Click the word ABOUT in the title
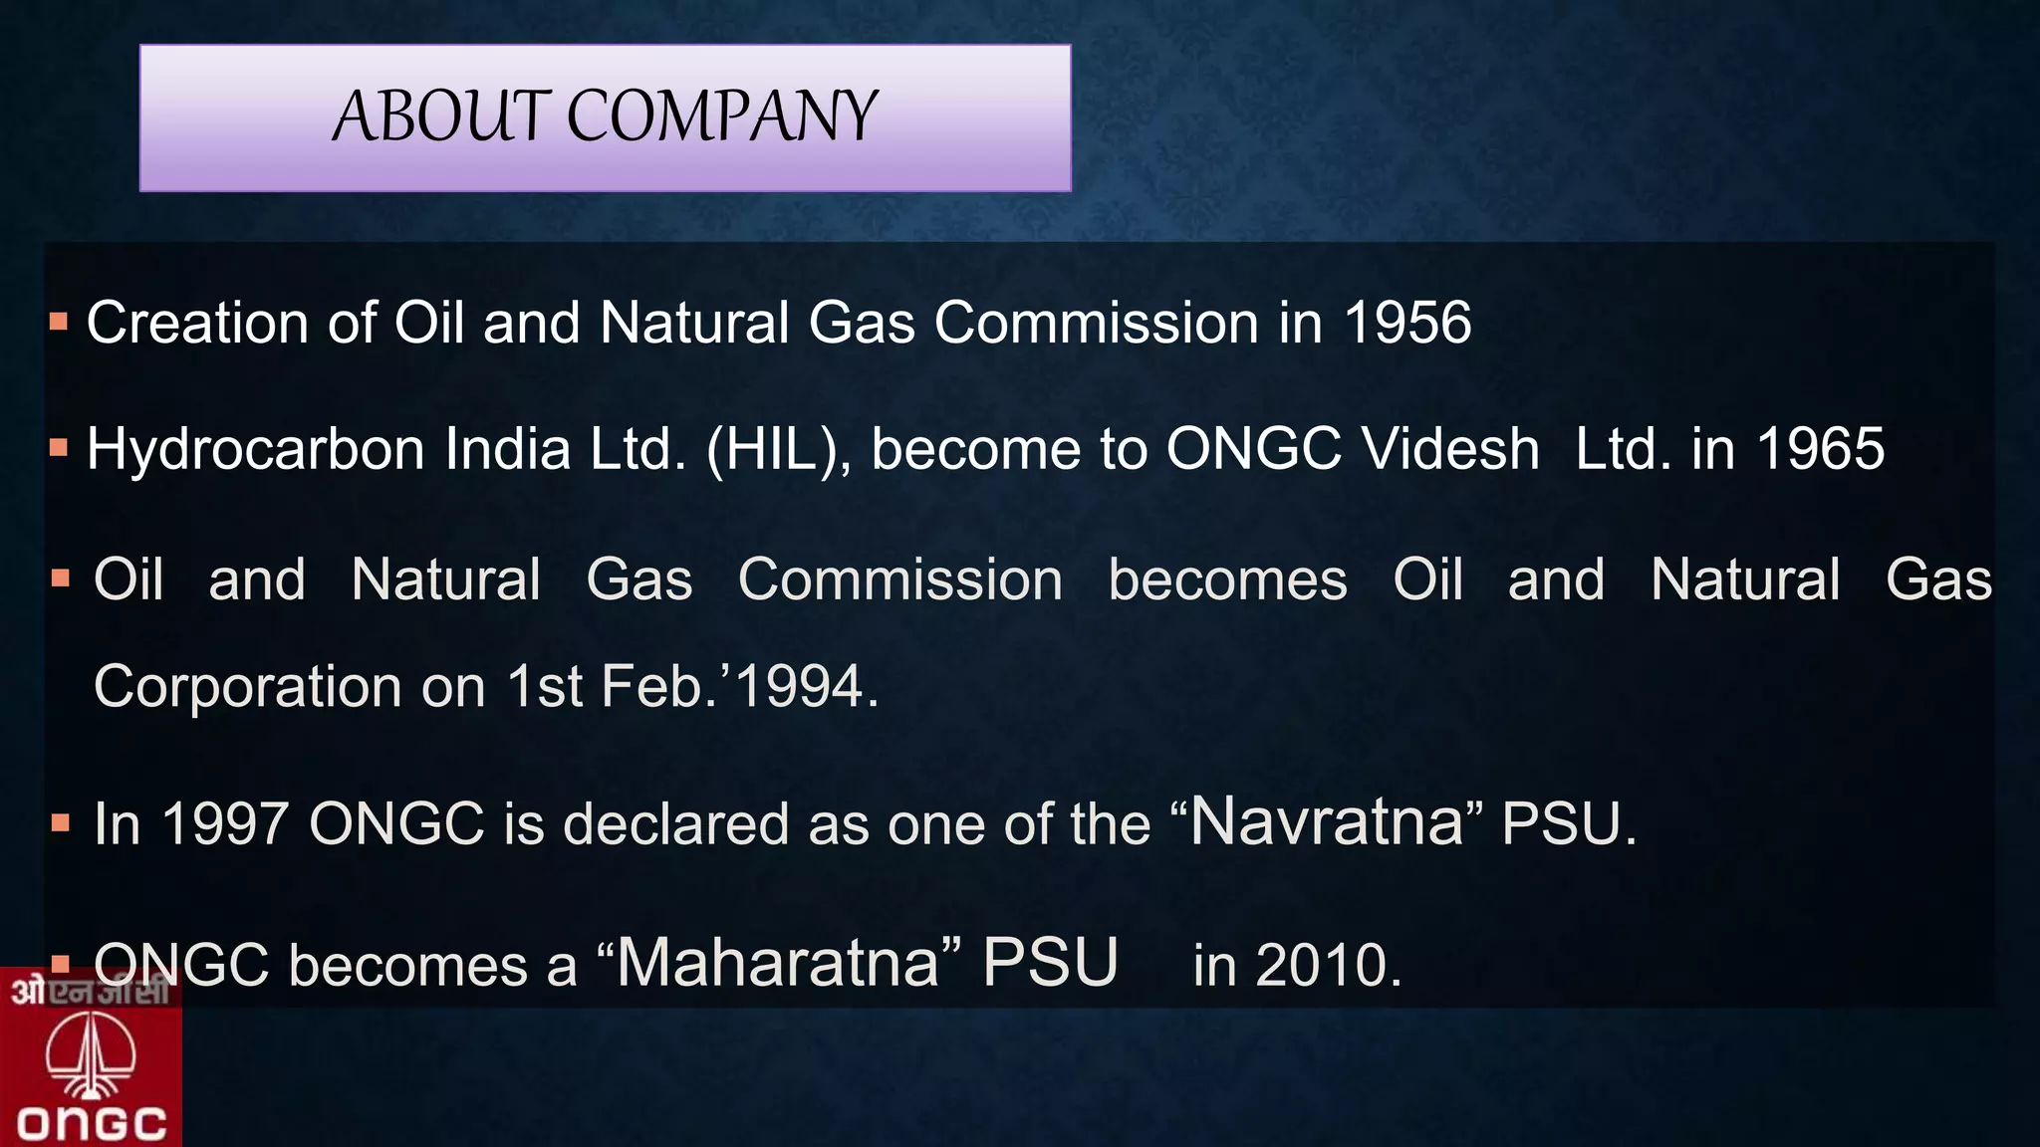tap(441, 115)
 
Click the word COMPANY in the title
tap(722, 115)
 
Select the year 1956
tap(1406, 323)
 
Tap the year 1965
tap(1820, 448)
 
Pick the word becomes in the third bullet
tap(1227, 579)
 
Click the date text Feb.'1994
tap(739, 686)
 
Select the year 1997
tap(225, 824)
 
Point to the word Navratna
tap(1327, 822)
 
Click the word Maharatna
tap(778, 963)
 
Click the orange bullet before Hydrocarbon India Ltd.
tap(59, 448)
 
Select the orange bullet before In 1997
tap(61, 823)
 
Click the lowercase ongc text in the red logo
tap(92, 1124)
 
